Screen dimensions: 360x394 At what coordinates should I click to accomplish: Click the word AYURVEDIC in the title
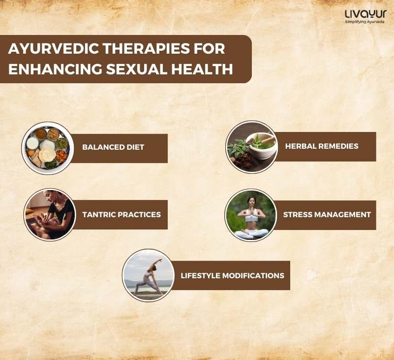(x=53, y=49)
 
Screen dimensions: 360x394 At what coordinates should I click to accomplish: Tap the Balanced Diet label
(x=113, y=147)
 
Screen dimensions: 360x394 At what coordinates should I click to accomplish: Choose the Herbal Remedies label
(x=322, y=146)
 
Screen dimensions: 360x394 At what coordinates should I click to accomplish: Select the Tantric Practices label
(x=121, y=215)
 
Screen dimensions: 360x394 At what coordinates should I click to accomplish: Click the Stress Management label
(x=327, y=215)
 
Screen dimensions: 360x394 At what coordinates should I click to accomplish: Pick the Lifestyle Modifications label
(x=232, y=275)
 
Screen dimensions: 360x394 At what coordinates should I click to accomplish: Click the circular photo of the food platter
(x=48, y=148)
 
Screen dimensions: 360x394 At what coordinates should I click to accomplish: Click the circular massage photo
(x=50, y=215)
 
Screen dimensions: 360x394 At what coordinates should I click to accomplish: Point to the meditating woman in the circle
(x=251, y=217)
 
